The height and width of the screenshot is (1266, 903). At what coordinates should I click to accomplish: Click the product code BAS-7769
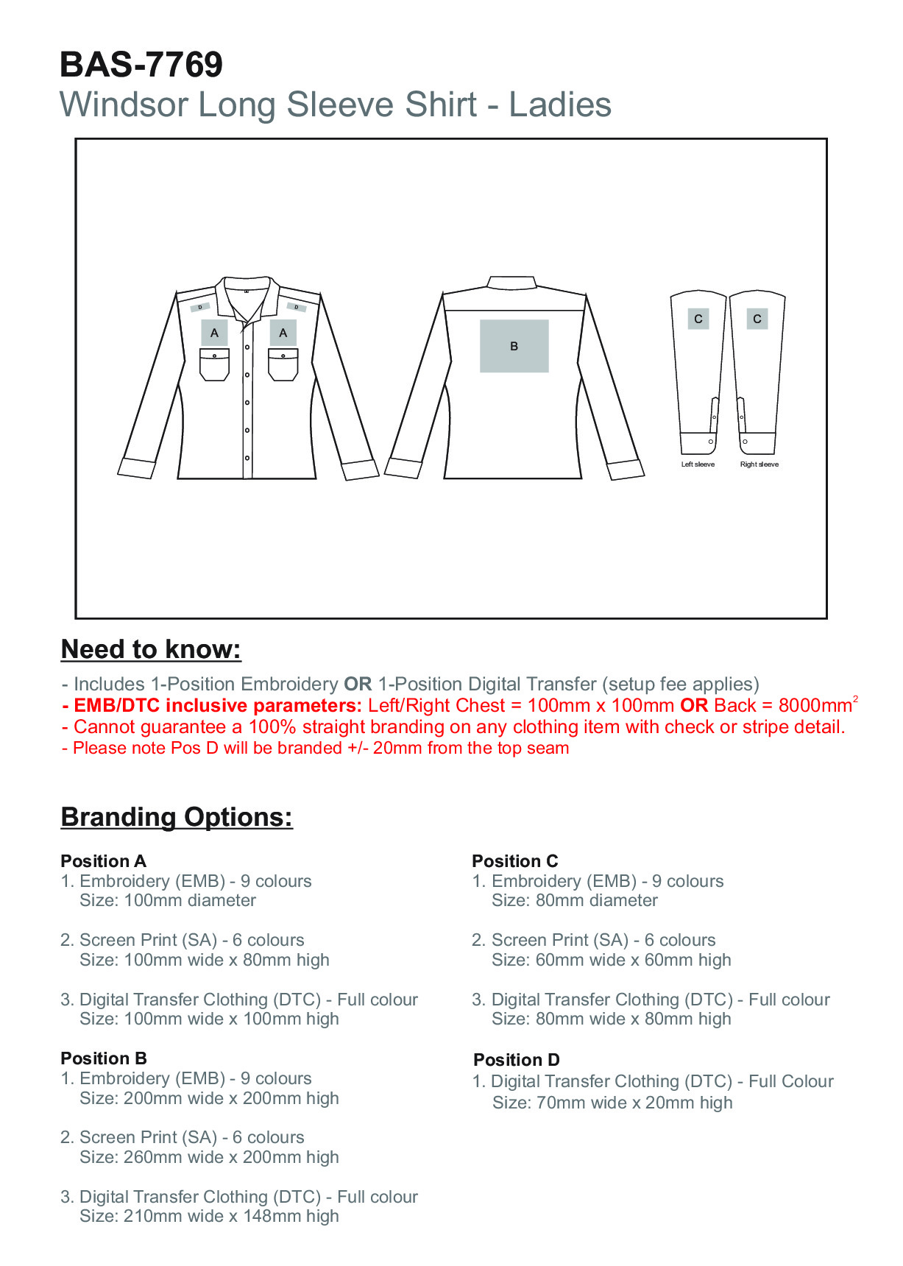click(x=141, y=65)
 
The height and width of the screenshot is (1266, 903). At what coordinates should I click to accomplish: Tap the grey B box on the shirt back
click(x=514, y=346)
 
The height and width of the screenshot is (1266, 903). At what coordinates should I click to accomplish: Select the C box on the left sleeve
click(x=698, y=319)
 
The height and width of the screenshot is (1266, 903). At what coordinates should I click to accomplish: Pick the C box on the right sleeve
click(x=757, y=319)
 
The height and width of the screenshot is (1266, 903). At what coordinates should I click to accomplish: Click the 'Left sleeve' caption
click(x=698, y=464)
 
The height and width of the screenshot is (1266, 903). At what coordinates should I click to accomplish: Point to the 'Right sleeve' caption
click(x=759, y=464)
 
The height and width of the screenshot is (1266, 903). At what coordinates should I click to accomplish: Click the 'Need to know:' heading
click(x=151, y=649)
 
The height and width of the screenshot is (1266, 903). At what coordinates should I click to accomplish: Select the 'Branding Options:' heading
click(x=177, y=817)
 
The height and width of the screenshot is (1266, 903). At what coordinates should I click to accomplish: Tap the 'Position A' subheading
click(x=103, y=861)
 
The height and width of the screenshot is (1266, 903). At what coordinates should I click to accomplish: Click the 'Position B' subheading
click(x=103, y=1058)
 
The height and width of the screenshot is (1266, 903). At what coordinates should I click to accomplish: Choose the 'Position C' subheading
click(x=514, y=861)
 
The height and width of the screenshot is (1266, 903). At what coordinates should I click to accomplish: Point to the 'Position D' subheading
click(x=516, y=1060)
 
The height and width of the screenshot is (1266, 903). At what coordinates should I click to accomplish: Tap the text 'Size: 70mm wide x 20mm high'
click(x=612, y=1103)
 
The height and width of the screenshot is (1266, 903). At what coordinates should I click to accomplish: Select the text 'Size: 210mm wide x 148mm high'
click(x=209, y=1216)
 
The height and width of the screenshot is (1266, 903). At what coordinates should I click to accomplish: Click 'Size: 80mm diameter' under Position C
click(x=574, y=900)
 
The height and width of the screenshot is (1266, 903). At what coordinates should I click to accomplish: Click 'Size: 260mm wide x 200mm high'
click(x=209, y=1157)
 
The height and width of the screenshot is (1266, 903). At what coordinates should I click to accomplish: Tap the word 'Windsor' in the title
click(x=124, y=105)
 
